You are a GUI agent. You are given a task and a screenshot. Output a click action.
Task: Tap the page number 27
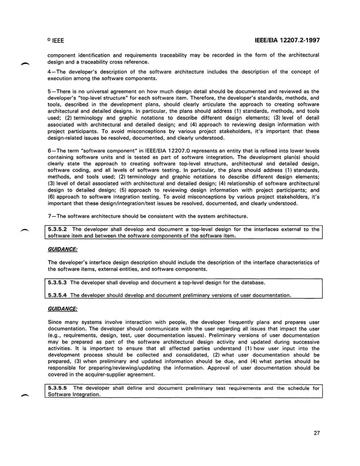coord(317,434)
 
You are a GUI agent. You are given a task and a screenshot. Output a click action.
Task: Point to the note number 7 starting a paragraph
coord(50,217)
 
